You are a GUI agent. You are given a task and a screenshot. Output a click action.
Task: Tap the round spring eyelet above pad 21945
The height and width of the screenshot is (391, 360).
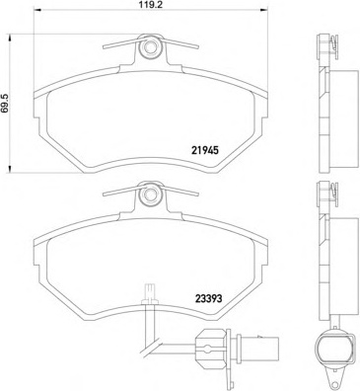150,45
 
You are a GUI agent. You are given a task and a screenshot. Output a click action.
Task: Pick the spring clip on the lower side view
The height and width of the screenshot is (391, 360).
324,195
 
